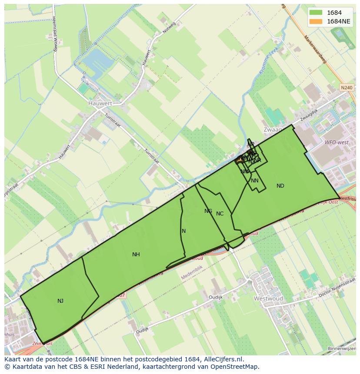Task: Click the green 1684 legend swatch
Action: pos(317,13)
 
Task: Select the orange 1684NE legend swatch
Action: pos(317,21)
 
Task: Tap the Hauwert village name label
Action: pos(100,103)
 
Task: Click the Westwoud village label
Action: pos(268,298)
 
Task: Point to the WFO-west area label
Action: pos(336,142)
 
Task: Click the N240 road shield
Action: pos(347,88)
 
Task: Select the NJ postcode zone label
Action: pos(60,301)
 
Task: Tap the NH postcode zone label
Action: pos(136,255)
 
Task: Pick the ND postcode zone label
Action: pos(280,186)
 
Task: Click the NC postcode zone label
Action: pos(220,214)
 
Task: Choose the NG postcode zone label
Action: pos(208,211)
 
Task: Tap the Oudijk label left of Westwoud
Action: pos(215,297)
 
